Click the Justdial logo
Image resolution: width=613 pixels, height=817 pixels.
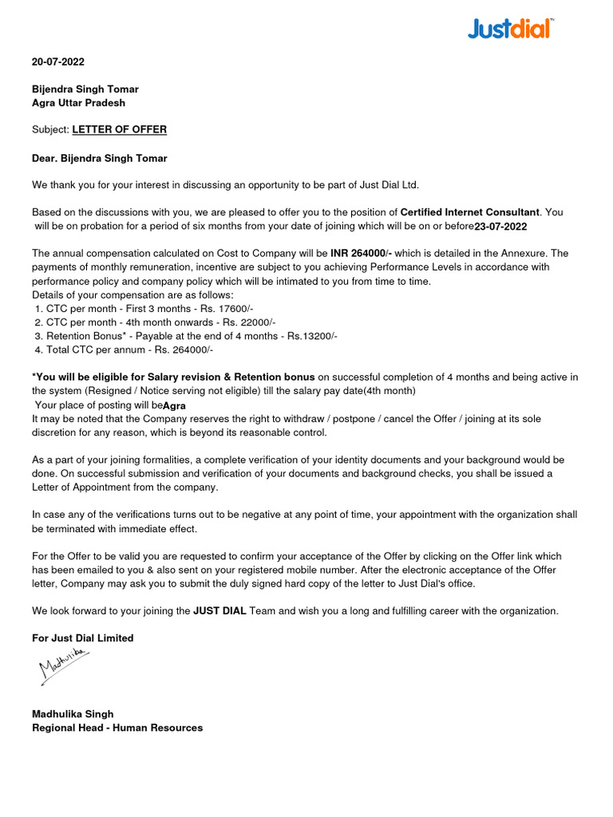click(509, 30)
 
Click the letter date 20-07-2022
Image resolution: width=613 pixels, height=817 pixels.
click(58, 61)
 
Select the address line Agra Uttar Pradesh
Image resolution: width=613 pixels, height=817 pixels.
click(78, 103)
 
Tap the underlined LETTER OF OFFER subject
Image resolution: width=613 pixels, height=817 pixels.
click(120, 129)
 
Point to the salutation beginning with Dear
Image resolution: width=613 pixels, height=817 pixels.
click(100, 159)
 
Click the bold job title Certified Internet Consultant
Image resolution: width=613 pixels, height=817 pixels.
click(470, 212)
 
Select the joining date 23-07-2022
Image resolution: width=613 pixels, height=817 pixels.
click(500, 227)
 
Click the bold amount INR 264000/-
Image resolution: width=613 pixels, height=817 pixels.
click(362, 253)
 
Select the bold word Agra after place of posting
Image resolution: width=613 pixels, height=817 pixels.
click(175, 405)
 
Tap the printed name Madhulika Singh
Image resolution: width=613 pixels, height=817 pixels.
click(73, 714)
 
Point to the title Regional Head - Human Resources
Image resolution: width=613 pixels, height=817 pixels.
click(117, 728)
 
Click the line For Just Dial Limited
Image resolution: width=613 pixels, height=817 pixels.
click(83, 638)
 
